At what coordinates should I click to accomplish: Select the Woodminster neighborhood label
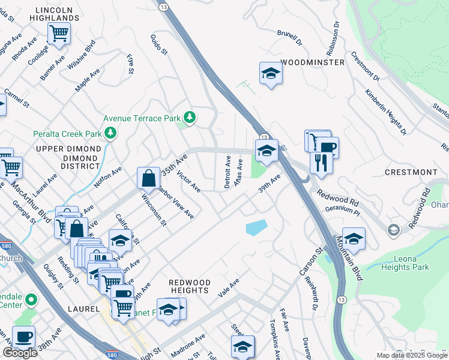(x=312, y=62)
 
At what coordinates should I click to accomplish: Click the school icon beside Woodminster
(x=271, y=74)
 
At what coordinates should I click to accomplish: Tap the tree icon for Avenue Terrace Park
(x=190, y=117)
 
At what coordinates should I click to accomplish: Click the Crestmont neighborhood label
(x=411, y=172)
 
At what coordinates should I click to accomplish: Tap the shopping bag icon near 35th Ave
(x=148, y=178)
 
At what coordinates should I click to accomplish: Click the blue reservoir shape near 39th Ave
(x=256, y=227)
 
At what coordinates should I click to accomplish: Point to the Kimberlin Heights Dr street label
(x=386, y=112)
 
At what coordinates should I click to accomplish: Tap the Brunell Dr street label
(x=289, y=37)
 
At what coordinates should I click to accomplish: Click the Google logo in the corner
(x=20, y=353)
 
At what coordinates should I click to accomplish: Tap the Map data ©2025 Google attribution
(x=411, y=355)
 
